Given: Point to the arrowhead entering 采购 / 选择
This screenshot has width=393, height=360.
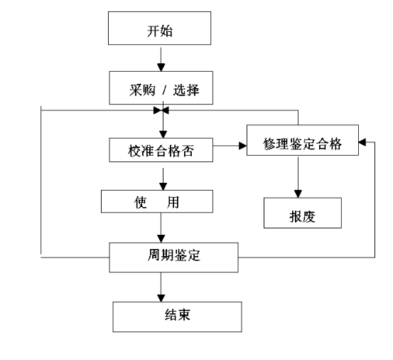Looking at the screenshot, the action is pos(161,68).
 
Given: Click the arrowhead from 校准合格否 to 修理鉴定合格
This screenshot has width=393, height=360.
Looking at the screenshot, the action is pos(242,146).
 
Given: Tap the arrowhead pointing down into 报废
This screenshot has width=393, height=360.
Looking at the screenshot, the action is pos(298,194).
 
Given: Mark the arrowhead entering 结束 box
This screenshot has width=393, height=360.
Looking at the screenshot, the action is pos(161,298).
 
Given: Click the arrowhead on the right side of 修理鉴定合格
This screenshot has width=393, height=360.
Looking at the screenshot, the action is pos(362,142).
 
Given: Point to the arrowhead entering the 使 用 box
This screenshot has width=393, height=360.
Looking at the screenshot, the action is pos(163,186).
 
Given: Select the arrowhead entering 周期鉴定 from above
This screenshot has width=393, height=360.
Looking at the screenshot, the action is pos(161,238).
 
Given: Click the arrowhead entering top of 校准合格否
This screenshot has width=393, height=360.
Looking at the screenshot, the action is pos(163,134).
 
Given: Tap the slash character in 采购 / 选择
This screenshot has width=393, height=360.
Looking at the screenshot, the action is pos(164,90).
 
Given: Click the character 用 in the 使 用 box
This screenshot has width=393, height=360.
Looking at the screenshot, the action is pos(173,202).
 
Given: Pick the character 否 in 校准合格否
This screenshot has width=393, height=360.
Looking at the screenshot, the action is pos(187,151).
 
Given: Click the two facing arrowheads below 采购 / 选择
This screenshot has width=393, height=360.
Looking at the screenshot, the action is pos(161,110).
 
